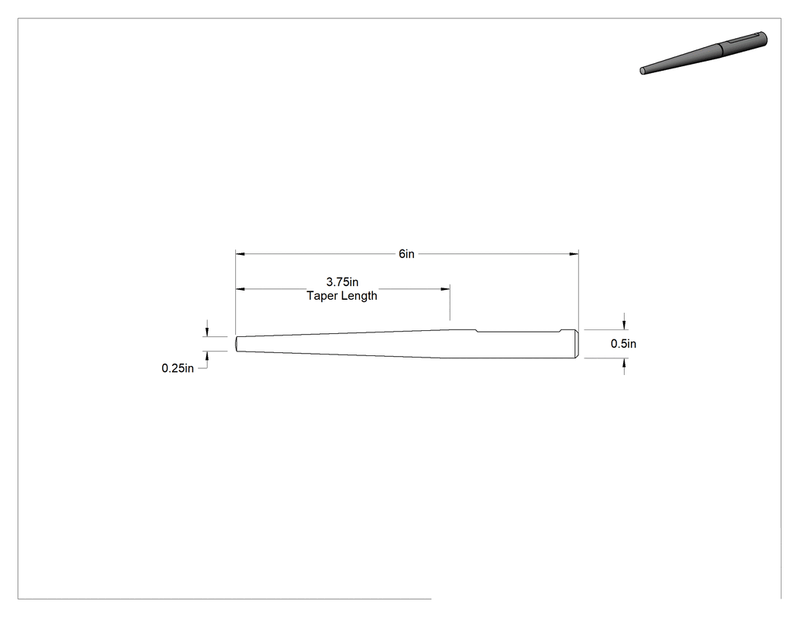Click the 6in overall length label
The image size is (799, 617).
point(406,254)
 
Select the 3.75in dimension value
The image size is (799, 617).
point(342,281)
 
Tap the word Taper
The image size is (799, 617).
point(322,296)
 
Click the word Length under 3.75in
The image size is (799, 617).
point(359,295)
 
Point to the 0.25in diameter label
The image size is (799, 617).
point(177,368)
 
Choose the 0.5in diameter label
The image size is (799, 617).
point(623,344)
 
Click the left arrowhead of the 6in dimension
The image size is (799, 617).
point(240,253)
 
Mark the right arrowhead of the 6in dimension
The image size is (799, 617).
point(574,253)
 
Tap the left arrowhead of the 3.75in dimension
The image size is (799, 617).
point(240,289)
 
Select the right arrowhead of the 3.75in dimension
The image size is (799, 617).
point(445,289)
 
